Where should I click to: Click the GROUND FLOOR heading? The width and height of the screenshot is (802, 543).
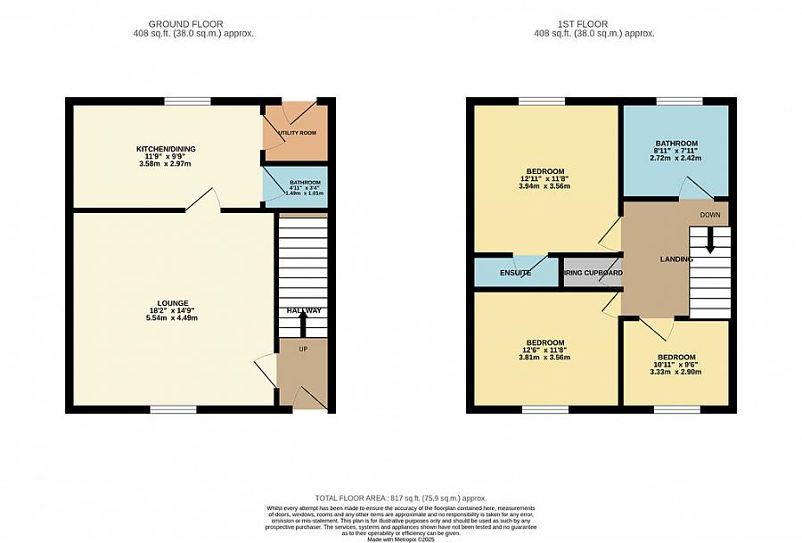[x=185, y=24]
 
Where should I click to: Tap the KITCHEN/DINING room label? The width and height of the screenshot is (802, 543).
[x=166, y=149]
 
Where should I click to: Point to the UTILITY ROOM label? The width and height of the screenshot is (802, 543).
[x=297, y=133]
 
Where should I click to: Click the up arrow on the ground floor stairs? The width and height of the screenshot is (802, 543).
[x=302, y=322]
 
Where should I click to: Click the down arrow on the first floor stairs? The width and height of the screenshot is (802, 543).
[x=710, y=241]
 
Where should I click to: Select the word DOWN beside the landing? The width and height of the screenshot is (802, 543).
[x=710, y=215]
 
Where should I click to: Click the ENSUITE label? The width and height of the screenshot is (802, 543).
[x=515, y=273]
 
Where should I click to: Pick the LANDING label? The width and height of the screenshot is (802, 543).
[x=676, y=259]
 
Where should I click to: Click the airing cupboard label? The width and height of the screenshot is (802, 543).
[x=593, y=273]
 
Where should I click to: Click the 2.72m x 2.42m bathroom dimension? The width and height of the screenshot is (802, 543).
[x=676, y=158]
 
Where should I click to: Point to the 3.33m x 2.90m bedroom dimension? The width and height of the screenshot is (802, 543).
[x=676, y=372]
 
